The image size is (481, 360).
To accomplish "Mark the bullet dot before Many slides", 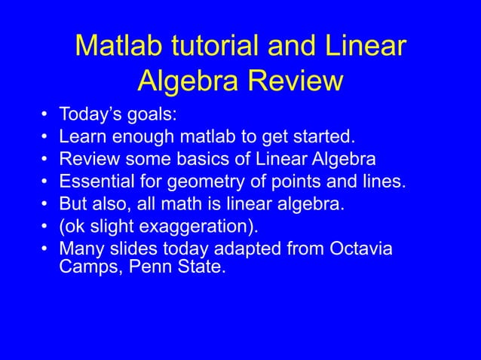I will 45,249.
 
